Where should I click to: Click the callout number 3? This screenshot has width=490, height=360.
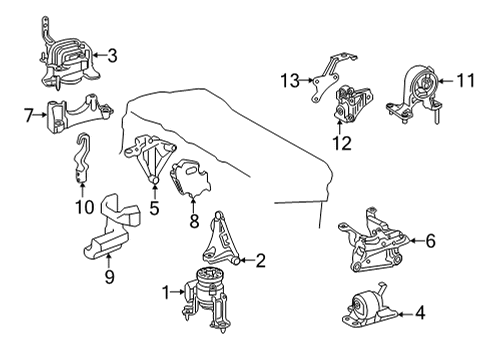coord(112,55)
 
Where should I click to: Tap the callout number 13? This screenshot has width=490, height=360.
coord(290,80)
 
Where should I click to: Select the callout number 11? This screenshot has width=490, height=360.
coord(465,80)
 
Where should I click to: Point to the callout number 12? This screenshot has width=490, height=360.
coord(342,143)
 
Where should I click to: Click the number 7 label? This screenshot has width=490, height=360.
coord(29,115)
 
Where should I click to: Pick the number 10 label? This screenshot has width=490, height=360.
coord(85,207)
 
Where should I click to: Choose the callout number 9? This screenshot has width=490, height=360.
coord(109,276)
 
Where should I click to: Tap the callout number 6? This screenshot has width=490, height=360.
coord(431,241)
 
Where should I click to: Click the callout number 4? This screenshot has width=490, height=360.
coord(421,313)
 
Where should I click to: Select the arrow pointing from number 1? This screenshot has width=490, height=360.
coord(178,292)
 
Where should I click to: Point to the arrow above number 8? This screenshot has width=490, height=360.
coord(194,204)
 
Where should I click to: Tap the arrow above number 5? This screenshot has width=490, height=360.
coord(154,190)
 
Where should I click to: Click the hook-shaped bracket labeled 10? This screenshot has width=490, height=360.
coord(81,158)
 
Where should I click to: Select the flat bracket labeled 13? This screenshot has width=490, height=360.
coord(328,78)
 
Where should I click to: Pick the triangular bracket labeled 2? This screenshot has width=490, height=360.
coord(221,240)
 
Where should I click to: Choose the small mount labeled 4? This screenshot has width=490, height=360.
coord(370,307)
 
